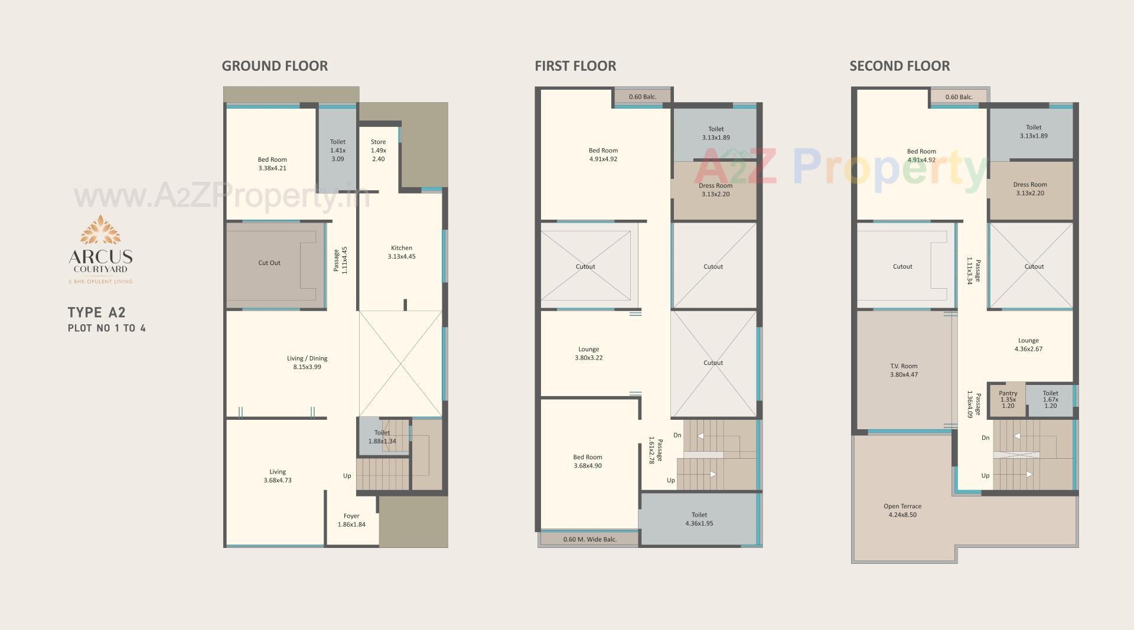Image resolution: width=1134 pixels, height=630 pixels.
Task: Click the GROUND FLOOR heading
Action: tap(275, 66)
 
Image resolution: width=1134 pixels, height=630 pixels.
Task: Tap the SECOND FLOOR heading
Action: tap(900, 66)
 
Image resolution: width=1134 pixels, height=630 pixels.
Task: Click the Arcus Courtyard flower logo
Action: tap(100, 230)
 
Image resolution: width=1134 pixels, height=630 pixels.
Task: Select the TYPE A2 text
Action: tap(97, 313)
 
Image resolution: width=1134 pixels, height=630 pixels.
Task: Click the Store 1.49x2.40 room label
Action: tap(379, 151)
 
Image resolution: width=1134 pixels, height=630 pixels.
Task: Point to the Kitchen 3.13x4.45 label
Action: tap(402, 252)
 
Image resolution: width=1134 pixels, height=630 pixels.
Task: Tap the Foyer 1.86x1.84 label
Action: tap(351, 520)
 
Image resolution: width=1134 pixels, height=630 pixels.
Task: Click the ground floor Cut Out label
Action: tap(269, 263)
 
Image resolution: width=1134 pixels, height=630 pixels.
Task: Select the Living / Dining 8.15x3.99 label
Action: tap(307, 363)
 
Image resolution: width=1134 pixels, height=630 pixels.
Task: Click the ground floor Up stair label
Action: tap(347, 476)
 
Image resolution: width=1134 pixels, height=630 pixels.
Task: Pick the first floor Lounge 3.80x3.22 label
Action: tap(589, 353)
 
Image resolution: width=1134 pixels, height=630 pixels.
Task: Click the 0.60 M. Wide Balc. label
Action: tap(589, 539)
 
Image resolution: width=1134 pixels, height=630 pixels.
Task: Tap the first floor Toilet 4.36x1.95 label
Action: tap(699, 519)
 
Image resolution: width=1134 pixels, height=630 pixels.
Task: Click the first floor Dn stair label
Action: tap(677, 435)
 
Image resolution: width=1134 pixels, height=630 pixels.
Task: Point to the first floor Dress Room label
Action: tap(715, 190)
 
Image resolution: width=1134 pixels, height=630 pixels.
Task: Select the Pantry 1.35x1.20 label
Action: tap(1008, 399)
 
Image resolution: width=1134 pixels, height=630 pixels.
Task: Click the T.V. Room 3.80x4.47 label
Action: tap(904, 370)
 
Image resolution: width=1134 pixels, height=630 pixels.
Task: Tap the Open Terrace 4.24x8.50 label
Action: tap(902, 510)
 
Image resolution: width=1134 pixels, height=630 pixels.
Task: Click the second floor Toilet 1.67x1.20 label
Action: tap(1050, 399)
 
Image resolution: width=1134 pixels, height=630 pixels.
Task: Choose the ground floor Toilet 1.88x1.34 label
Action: tap(382, 437)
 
